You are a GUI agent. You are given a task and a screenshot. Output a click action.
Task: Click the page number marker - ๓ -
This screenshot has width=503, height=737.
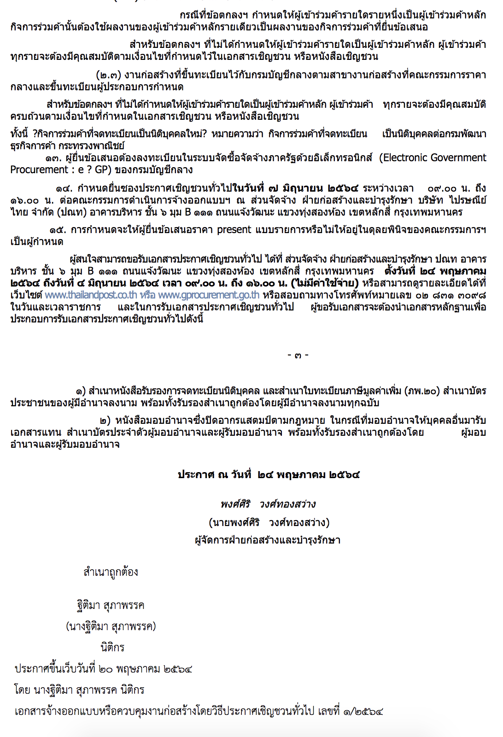click(298, 355)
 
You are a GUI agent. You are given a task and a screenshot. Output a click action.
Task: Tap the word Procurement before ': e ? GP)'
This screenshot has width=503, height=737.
click(40, 170)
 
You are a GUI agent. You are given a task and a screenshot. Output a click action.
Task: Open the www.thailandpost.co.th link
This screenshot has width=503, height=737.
click(91, 295)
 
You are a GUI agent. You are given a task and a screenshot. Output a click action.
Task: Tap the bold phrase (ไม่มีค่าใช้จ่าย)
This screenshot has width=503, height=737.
click(325, 283)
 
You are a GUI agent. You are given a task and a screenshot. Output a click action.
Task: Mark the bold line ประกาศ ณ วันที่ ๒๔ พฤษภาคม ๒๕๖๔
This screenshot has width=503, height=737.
click(269, 475)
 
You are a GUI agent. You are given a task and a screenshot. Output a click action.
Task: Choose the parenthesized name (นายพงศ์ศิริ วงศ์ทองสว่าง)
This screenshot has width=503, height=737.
click(269, 522)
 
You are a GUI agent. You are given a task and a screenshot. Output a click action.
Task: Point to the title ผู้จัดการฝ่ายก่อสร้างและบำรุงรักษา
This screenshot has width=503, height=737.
click(268, 540)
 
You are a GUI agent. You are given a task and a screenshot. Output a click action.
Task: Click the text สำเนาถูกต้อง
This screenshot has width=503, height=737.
click(111, 572)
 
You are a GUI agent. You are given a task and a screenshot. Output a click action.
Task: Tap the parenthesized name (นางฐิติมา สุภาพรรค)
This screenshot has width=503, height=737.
click(111, 626)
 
